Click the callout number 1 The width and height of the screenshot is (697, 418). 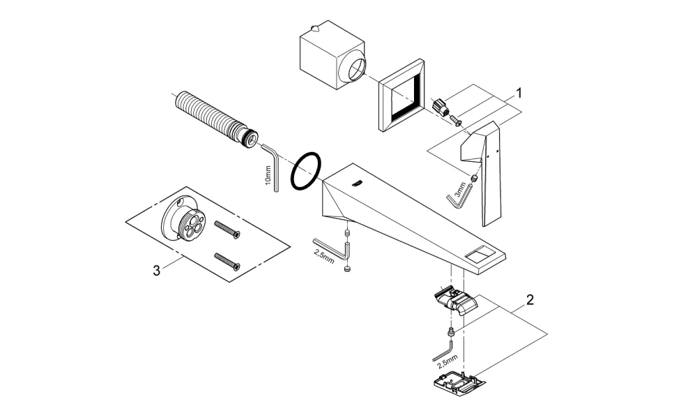(x=519, y=93)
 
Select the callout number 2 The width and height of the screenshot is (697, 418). (x=530, y=300)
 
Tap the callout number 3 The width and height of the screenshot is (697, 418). (x=156, y=270)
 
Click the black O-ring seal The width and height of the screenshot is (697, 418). (x=306, y=171)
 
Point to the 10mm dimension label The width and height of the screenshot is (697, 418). (x=268, y=175)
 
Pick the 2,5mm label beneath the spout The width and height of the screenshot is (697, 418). (x=324, y=256)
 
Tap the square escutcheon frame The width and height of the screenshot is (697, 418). (x=401, y=96)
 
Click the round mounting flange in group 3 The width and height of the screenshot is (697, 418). (x=183, y=218)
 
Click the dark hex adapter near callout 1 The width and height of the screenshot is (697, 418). (x=440, y=106)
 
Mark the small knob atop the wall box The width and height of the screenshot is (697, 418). (x=315, y=29)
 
